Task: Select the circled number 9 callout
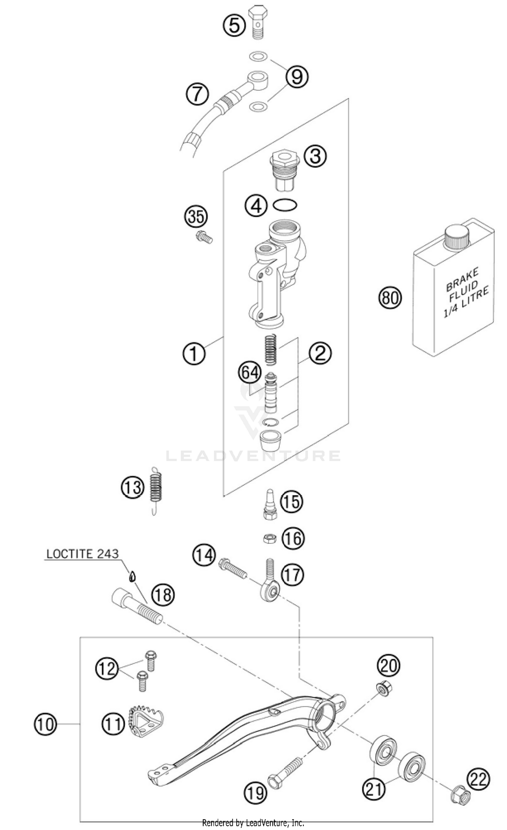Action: (297, 77)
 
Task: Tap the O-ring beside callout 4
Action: (285, 205)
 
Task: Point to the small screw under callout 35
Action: (204, 237)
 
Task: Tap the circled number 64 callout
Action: (250, 372)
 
